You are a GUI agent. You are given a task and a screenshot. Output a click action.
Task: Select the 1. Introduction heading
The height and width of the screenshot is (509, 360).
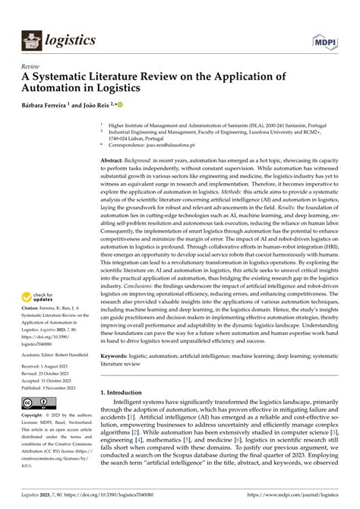(x=130, y=392)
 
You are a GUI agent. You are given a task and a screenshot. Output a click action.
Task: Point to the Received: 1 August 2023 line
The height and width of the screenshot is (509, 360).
(x=48, y=367)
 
